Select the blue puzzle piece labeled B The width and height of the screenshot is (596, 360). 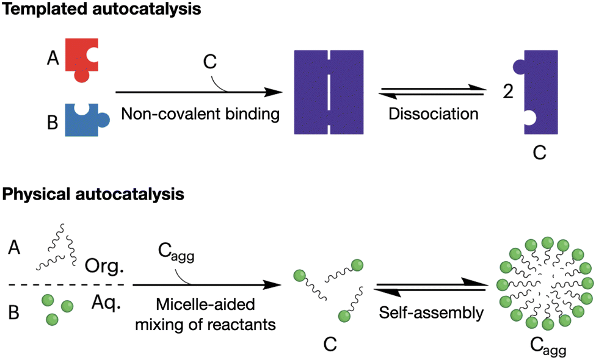(x=84, y=120)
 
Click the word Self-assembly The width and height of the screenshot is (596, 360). (x=431, y=314)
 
